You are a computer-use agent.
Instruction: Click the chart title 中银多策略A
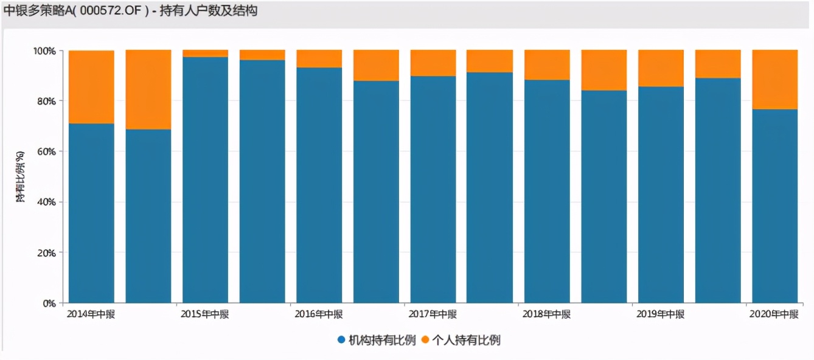pos(130,11)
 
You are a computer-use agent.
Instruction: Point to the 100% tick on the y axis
pos(44,51)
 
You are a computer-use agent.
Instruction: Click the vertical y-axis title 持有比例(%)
pos(21,176)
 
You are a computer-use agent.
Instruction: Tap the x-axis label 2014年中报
pos(91,314)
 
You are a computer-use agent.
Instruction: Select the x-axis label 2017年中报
pos(433,314)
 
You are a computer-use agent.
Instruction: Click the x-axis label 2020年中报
pos(774,314)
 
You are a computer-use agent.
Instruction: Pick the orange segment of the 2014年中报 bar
pos(91,87)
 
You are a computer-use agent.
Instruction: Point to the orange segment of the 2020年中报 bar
pos(774,79)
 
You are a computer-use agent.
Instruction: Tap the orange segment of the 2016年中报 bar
pos(319,58)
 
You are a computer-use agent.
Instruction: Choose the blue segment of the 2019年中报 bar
pos(661,195)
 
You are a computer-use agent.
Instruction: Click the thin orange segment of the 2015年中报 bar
pos(205,54)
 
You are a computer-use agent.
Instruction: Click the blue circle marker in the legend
pos(341,341)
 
